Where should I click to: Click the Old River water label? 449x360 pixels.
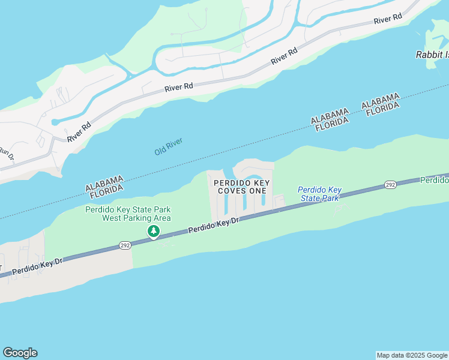168,147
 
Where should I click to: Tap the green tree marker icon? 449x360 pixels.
154,232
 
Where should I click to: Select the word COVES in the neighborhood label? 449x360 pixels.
232,190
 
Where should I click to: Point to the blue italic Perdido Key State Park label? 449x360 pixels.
319,194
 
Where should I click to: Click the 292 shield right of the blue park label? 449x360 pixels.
390,185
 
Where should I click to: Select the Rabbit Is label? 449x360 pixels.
432,55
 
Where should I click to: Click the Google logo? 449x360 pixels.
20,353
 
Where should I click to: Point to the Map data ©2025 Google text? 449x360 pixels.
411,355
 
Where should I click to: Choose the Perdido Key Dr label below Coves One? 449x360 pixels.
214,225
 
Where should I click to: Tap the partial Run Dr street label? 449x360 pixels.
5,154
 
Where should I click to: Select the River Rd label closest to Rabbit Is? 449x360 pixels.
387,20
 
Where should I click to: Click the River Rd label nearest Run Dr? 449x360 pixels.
79,131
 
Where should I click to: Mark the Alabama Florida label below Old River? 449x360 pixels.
104,187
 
